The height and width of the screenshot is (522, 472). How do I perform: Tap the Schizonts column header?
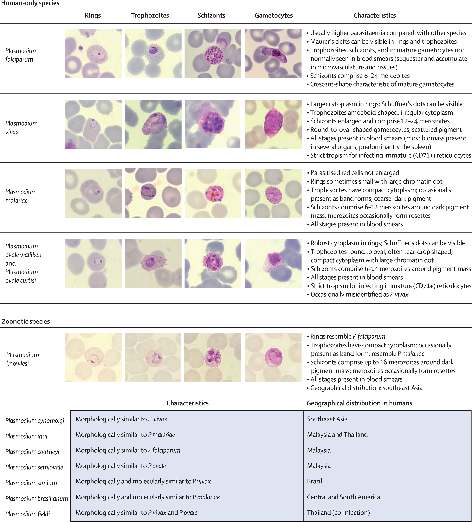(x=211, y=16)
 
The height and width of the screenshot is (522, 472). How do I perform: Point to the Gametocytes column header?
(x=274, y=16)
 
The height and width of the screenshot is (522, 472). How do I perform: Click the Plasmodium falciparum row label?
(x=21, y=55)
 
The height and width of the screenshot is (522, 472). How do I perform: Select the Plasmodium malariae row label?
(x=21, y=196)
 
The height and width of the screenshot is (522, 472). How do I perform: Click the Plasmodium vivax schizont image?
(x=213, y=124)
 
